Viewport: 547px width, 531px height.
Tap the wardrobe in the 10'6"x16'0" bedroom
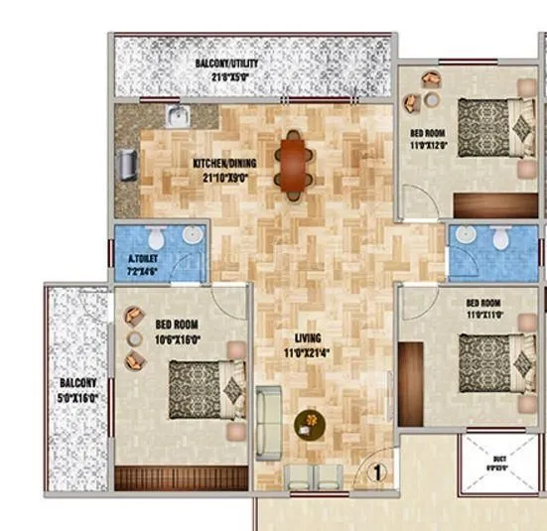pos(179,478)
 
